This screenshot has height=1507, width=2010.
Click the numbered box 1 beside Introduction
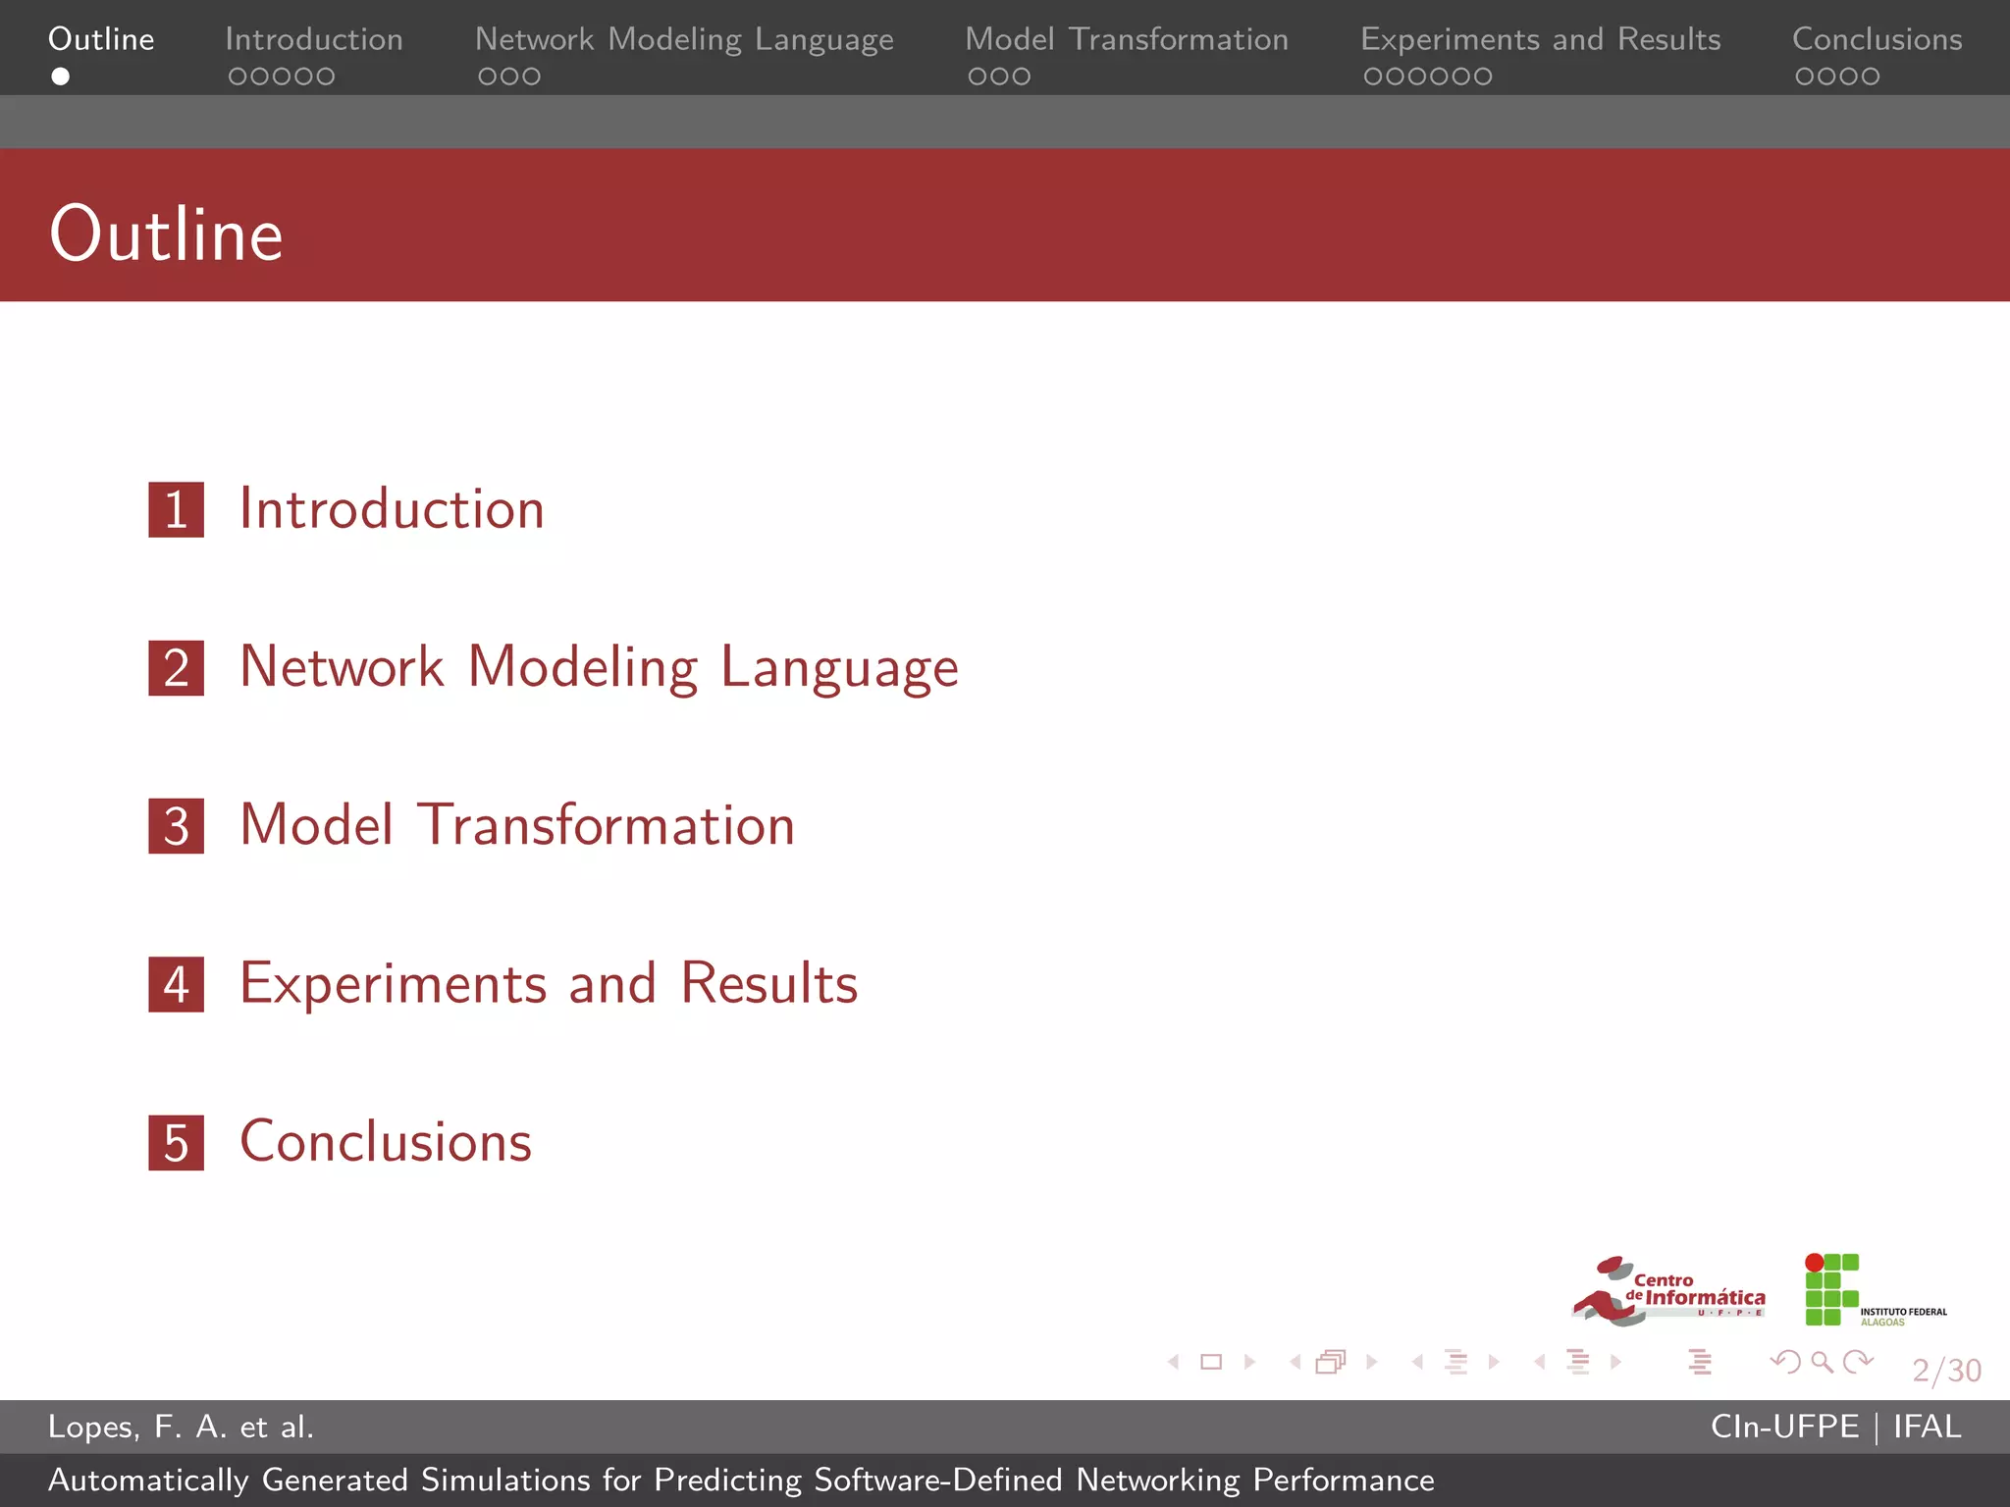176,509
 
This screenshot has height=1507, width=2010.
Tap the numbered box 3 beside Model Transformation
176,825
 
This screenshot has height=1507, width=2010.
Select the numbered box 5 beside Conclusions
176,1142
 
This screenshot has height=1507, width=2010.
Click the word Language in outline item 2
839,669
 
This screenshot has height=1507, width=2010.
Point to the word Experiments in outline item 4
393,983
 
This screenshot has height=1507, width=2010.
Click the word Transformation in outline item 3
606,825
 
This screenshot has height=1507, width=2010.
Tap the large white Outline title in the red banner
166,234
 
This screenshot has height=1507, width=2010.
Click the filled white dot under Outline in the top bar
60,77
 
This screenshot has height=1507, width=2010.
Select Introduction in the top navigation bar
314,39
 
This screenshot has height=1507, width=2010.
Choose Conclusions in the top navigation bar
1877,39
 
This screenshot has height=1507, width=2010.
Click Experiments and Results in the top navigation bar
1540,39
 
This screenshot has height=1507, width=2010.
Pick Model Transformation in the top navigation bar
1126,39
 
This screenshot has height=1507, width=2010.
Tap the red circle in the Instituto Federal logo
1815,1263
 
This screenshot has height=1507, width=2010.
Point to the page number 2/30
1946,1370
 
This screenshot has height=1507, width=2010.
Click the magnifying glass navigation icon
1822,1362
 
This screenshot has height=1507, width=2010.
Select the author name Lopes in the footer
92,1427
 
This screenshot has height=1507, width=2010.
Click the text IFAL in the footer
1927,1427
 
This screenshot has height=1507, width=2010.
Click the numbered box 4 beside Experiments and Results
176,984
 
